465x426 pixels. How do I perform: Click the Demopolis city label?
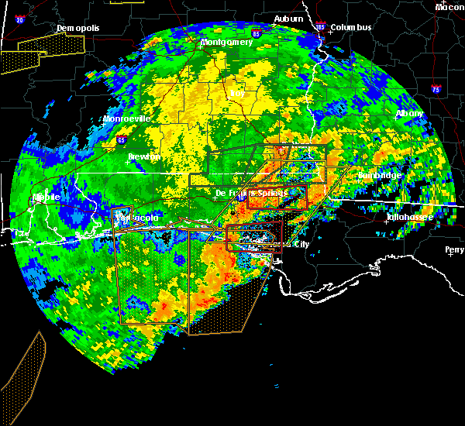click(x=77, y=29)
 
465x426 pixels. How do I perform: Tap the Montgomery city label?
click(x=226, y=42)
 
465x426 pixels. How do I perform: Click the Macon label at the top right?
click(x=449, y=7)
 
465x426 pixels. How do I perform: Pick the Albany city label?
click(x=409, y=113)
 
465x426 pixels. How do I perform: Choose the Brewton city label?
click(x=144, y=156)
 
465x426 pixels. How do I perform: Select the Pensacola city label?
click(x=136, y=218)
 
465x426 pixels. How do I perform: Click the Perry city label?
click(x=455, y=249)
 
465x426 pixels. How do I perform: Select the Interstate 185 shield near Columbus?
click(x=321, y=28)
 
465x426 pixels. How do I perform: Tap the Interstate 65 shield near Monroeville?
click(x=121, y=140)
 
